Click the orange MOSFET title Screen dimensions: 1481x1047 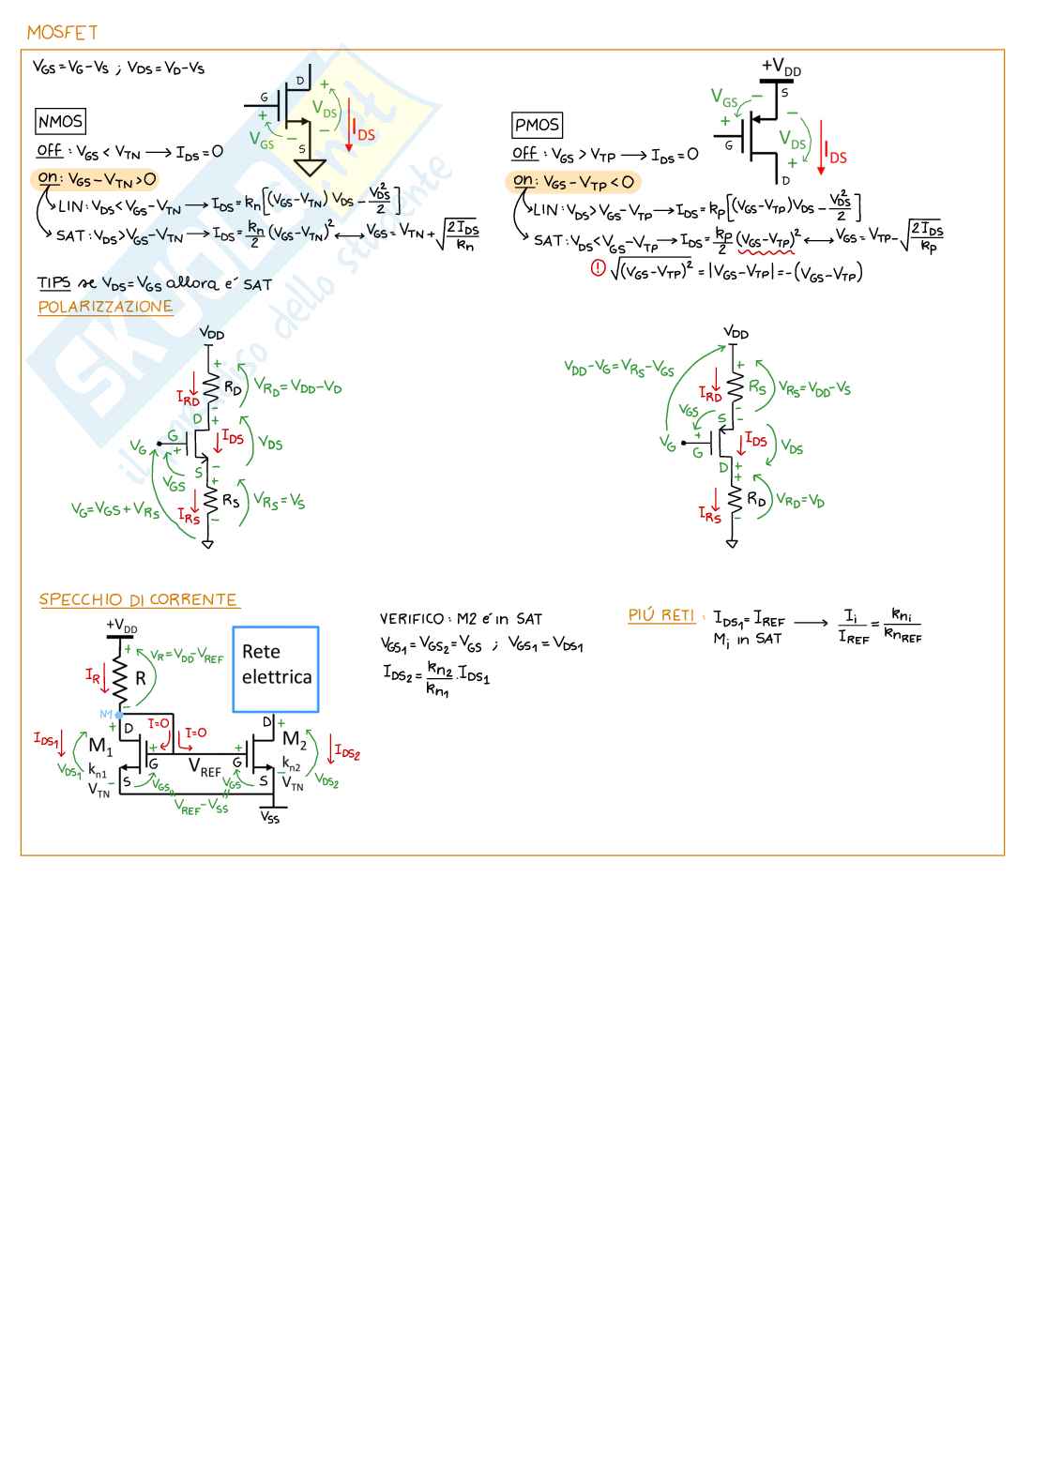click(62, 33)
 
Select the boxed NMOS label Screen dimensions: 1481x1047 click(61, 121)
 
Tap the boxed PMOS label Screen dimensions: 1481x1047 click(537, 125)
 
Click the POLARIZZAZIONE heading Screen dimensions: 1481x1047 click(105, 307)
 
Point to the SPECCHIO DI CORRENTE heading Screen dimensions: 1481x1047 click(138, 599)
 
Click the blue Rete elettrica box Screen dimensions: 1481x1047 click(276, 669)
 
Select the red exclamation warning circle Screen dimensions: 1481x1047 click(598, 268)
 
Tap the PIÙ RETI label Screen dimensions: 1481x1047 click(661, 615)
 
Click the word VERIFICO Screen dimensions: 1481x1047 click(412, 619)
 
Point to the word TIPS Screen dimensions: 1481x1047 click(53, 282)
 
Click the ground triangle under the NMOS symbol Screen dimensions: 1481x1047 click(310, 168)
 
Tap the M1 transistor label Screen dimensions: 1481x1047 click(100, 747)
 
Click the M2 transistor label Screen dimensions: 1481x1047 click(295, 740)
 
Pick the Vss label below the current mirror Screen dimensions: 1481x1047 click(270, 818)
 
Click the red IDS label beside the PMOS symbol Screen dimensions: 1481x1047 click(834, 157)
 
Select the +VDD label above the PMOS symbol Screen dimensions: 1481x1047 click(781, 67)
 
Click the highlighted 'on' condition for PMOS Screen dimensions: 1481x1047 click(573, 182)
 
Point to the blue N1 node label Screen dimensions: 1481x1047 click(106, 715)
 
